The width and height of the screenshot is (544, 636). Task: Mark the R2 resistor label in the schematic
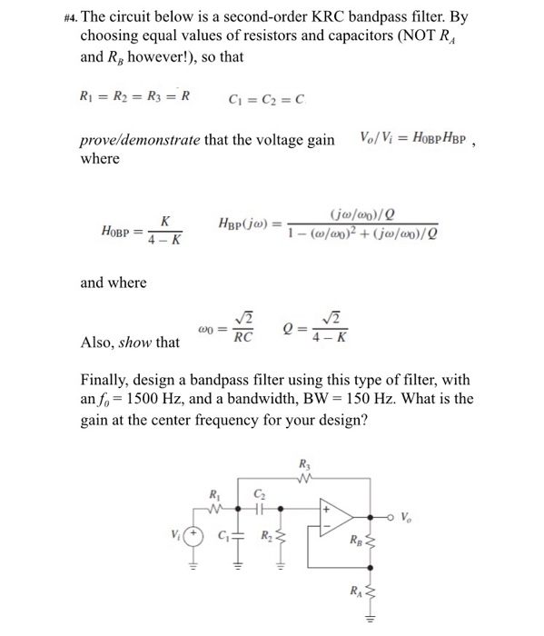(x=269, y=531)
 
